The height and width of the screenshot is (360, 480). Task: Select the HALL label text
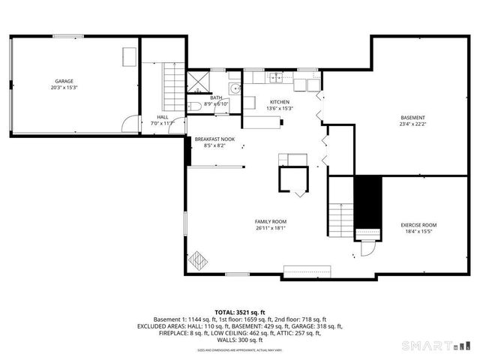point(162,116)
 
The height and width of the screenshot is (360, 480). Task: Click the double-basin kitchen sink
point(276,76)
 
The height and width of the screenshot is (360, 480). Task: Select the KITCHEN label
point(280,102)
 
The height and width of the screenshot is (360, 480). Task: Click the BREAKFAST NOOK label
point(214,139)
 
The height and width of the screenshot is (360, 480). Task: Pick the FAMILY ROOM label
point(271,221)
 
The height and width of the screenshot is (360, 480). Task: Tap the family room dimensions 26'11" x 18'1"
point(271,229)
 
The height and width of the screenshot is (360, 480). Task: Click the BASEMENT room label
point(412,118)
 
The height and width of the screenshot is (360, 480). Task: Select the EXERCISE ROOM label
point(418,225)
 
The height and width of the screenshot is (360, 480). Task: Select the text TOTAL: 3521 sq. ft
point(239,311)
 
